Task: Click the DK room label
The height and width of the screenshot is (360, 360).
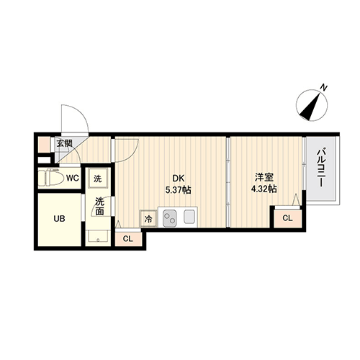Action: point(179,179)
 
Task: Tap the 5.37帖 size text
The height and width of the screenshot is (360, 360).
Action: point(178,190)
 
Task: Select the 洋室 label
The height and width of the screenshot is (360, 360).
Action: point(264,178)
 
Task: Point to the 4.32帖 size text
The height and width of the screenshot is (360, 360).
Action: point(264,189)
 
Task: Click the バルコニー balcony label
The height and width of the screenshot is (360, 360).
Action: point(321,168)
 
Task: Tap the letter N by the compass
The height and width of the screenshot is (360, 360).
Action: point(324,88)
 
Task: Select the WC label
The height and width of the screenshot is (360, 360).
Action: point(73,178)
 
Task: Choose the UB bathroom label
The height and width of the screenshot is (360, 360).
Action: point(59,219)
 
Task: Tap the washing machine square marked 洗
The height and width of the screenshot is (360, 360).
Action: point(97,179)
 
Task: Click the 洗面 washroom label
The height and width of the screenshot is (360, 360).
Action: point(99,206)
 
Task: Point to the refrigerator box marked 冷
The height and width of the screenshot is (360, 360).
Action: point(148,218)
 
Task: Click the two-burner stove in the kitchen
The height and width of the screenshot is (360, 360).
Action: point(170,218)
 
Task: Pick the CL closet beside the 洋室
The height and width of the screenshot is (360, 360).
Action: point(287,218)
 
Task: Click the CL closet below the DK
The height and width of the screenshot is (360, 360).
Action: point(128,239)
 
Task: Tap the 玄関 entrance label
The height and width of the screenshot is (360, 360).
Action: point(64,143)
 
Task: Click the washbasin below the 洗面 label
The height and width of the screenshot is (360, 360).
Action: point(98,237)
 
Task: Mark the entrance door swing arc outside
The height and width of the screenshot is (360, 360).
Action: point(81,112)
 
